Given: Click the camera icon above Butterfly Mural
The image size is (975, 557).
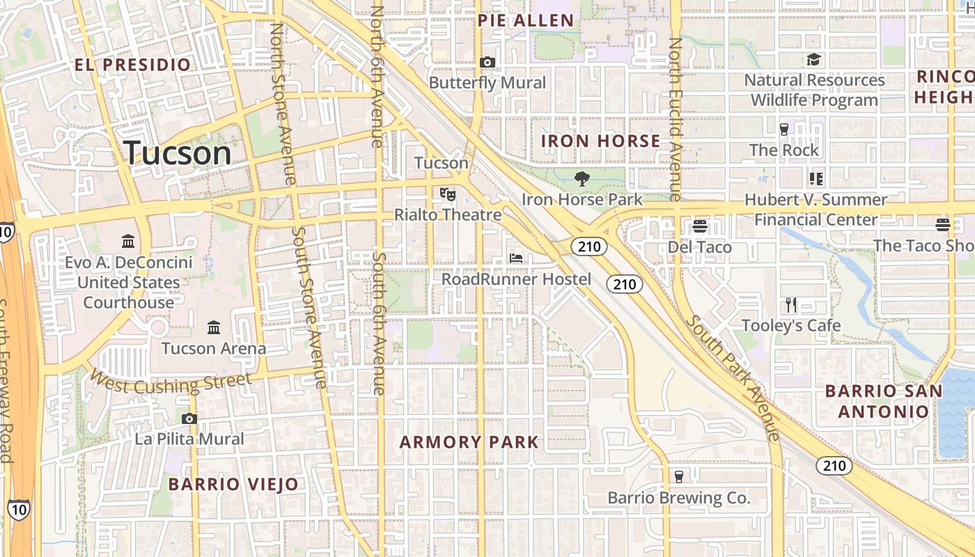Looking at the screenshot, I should [x=487, y=63].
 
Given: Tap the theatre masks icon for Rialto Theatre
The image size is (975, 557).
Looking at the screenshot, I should [x=448, y=194].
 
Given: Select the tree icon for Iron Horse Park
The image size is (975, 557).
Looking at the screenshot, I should [x=582, y=179].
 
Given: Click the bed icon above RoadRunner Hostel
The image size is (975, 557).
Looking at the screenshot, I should [x=516, y=258].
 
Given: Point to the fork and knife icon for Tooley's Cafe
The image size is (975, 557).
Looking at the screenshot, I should [x=791, y=305].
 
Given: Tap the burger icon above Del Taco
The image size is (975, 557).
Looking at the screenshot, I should [x=700, y=226].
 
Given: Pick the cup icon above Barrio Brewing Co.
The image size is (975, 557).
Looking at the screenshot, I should [x=679, y=477].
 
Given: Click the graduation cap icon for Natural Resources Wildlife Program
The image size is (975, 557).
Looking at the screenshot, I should [x=814, y=60].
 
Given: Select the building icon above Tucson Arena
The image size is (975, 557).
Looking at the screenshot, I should [x=214, y=327].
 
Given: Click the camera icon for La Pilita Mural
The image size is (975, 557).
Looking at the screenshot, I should [x=189, y=418].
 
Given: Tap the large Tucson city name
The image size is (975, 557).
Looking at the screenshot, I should [x=178, y=153].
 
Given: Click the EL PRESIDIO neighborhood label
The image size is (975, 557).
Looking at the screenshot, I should [x=132, y=65].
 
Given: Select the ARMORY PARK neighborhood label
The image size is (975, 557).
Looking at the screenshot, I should [x=469, y=442].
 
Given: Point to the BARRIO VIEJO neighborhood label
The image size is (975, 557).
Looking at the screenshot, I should [x=233, y=484].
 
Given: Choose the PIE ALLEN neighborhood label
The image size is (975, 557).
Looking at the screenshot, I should [x=526, y=21].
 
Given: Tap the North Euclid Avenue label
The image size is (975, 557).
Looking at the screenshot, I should [x=675, y=118].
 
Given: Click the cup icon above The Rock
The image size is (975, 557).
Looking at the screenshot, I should [x=784, y=129].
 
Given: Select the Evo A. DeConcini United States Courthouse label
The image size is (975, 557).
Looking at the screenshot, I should [x=129, y=283].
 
